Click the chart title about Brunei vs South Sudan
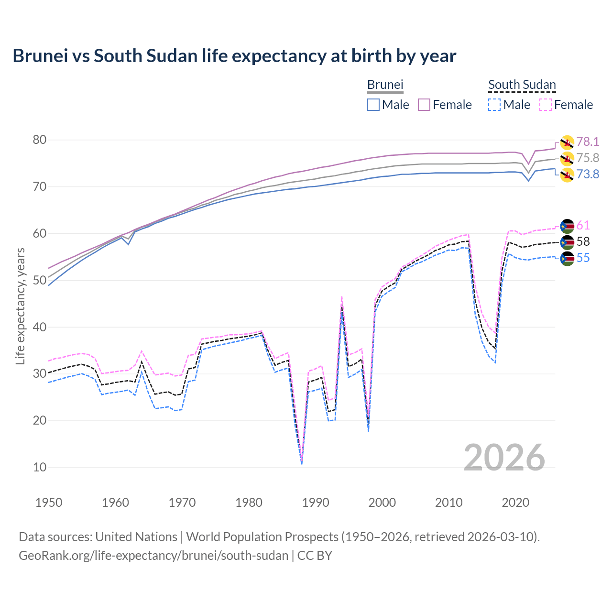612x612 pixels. [234, 56]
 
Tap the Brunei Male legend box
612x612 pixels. [373, 105]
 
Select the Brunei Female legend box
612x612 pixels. [425, 105]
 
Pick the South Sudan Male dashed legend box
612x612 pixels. [494, 105]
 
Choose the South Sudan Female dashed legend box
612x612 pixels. [546, 105]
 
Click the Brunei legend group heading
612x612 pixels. [385, 85]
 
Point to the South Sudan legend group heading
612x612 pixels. [522, 85]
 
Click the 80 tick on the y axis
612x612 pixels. [40, 140]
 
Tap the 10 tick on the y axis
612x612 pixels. [40, 468]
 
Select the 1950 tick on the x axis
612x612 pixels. [49, 503]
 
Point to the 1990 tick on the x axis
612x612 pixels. [316, 503]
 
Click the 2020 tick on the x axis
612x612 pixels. [515, 503]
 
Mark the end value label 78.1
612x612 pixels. [588, 142]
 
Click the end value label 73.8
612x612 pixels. [588, 174]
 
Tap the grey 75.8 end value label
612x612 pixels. [588, 158]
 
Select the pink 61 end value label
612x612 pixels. [583, 225]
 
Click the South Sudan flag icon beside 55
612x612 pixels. [567, 259]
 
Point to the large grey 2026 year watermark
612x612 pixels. [504, 458]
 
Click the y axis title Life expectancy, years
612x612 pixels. [21, 306]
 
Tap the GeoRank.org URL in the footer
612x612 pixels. [153, 556]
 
